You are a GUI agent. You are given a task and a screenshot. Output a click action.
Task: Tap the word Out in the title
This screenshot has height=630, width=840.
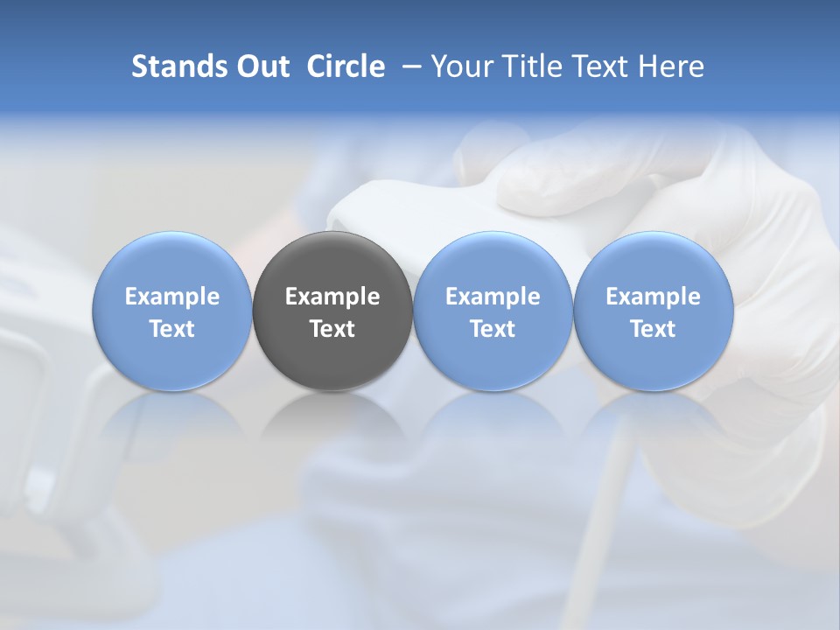(260, 66)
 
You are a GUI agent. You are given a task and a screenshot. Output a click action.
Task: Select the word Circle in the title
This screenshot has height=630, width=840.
(346, 66)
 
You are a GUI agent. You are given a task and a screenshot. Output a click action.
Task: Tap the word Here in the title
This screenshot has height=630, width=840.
(671, 66)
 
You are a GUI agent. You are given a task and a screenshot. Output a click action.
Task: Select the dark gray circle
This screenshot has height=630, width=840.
(332, 311)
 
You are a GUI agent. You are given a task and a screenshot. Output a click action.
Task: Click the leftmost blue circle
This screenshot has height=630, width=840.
(172, 311)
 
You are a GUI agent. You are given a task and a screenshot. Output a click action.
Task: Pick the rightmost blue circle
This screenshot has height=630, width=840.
(654, 311)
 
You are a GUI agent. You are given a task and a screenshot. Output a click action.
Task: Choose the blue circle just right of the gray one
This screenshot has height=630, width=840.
(493, 311)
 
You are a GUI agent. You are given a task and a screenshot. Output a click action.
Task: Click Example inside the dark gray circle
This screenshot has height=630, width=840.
(332, 297)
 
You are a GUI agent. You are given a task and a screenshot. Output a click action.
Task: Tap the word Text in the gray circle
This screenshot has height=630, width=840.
(332, 329)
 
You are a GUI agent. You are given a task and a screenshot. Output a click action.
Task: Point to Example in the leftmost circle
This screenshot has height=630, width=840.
(172, 297)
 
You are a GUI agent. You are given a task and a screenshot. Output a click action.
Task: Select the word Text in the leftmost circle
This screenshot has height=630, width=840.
(172, 329)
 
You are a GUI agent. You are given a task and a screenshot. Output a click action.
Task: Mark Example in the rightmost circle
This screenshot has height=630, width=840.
(654, 297)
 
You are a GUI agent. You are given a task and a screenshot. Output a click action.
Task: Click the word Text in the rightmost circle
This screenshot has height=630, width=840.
(654, 329)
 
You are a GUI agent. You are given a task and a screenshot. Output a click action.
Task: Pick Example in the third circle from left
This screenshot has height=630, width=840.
(493, 297)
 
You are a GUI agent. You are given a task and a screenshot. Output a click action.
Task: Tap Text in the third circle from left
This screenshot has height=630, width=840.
(493, 329)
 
